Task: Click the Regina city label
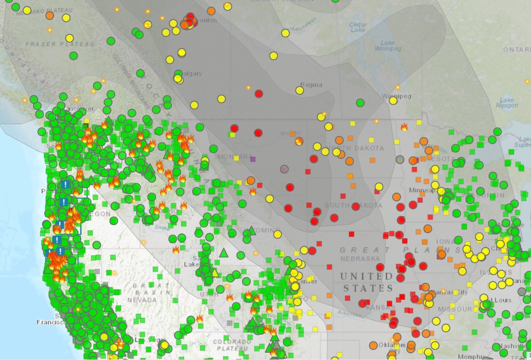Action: [x=311, y=85]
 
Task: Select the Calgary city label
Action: [x=190, y=73]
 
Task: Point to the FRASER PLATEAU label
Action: [x=60, y=44]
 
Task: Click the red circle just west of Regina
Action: [x=258, y=94]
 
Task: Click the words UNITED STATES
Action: [x=367, y=282]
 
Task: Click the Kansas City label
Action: [x=449, y=292]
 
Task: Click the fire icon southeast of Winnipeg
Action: [x=404, y=127]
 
